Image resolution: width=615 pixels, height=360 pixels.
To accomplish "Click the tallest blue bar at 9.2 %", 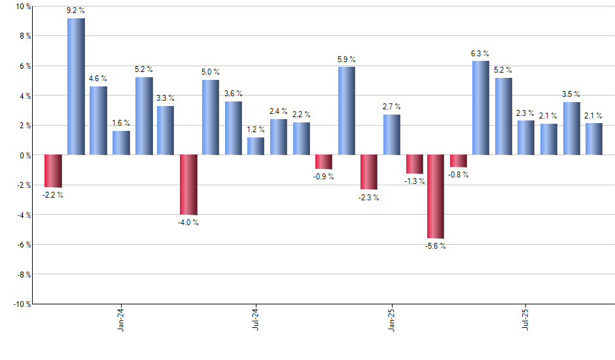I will pos(76,86).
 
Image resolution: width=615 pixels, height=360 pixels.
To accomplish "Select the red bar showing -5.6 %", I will pos(436,196).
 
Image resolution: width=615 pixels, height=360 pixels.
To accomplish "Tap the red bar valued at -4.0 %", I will pos(188,185).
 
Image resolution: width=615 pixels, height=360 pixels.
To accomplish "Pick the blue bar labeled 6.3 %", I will pos(480,108).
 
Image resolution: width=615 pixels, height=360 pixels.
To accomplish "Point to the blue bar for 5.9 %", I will pos(347,111).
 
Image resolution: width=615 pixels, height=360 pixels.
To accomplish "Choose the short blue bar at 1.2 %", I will pos(256,146).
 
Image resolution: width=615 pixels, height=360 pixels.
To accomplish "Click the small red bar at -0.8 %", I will pos(459,161).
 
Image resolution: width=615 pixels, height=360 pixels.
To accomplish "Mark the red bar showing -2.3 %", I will pos(369,172).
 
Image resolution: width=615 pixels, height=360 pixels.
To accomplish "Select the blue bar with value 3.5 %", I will pos(571,128).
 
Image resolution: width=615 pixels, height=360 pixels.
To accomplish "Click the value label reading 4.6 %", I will pos(98,79).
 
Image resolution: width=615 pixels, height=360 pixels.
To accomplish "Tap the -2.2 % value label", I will pos(53,195).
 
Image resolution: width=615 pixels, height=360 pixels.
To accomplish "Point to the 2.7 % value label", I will pos(392,107).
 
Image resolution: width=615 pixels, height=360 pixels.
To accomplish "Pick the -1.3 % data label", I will pos(415,181).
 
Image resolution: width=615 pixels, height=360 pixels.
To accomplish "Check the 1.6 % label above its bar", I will pos(121,123).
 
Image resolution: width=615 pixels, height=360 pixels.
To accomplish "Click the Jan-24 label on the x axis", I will pos(121,320).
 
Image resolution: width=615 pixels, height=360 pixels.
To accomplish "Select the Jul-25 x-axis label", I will pos(525,320).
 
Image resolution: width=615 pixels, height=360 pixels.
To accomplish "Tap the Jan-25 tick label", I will pos(391,320).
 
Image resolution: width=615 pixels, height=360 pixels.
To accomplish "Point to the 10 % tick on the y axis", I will pos(22,7).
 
